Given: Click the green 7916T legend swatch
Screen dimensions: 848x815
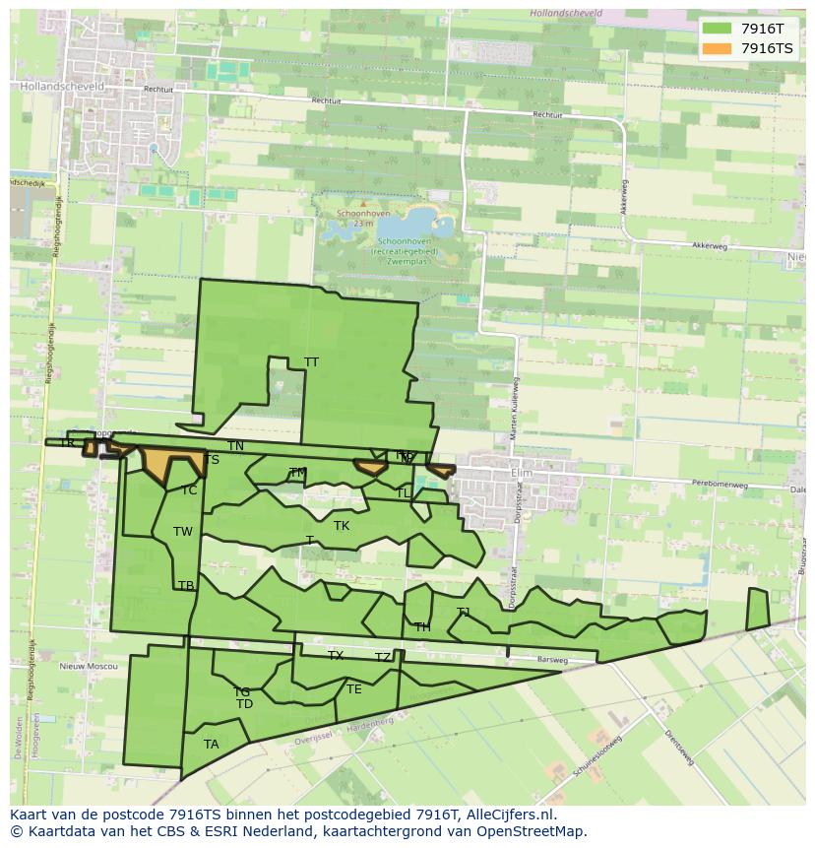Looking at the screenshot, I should pos(718,29).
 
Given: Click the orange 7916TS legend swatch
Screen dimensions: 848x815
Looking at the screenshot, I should pos(718,48).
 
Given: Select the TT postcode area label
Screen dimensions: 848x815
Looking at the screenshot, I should pos(311,362).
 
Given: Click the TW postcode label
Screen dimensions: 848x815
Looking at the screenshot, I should pos(183,532).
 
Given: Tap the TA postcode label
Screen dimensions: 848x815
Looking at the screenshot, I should pos(211,744).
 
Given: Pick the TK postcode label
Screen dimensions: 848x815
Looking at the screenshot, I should pos(342,526).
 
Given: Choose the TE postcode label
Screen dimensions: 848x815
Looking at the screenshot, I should pos(353,689).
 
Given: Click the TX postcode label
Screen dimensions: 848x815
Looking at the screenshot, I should pos(336,656).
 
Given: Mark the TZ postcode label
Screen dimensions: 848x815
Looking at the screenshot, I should pos(383,658).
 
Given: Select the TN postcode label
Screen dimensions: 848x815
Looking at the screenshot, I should pos(235,446).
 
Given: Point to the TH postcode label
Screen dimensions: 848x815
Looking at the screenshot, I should pos(422,627).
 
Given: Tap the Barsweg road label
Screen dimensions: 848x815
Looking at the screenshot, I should pos(552,660).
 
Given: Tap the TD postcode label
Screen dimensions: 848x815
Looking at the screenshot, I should pos(244,704).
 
